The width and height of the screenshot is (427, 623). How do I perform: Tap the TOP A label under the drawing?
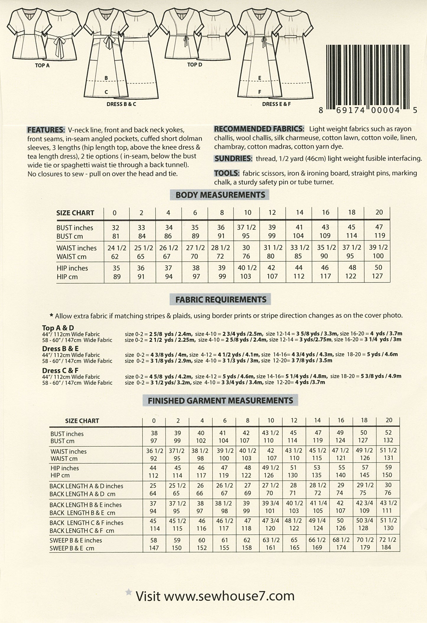point(42,66)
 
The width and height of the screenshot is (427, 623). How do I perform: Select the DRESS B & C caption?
point(121,104)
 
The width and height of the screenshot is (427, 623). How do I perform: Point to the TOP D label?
point(194,65)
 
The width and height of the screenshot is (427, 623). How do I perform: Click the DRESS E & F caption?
point(276,104)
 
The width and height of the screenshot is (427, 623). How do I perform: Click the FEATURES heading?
point(46,130)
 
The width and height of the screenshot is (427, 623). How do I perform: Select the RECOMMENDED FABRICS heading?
point(259,129)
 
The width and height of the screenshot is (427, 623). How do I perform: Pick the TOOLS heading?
point(226,173)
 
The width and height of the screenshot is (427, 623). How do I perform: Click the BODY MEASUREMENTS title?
point(220,195)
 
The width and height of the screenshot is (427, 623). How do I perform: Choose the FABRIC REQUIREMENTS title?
point(220,300)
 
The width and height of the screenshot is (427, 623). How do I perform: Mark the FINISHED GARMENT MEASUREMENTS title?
point(220,401)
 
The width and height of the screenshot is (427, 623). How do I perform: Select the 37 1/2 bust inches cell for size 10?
point(246,227)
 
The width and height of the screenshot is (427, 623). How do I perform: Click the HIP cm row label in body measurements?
point(67,277)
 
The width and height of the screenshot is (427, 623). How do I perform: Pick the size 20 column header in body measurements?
point(379,212)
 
